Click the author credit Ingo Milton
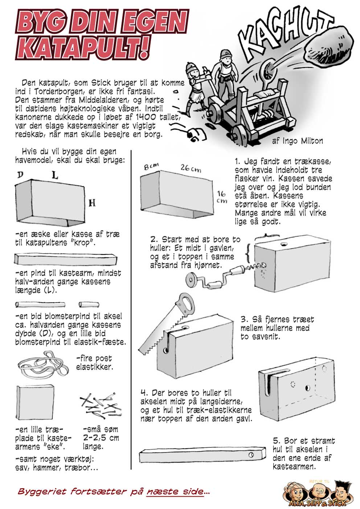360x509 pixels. coord(297,141)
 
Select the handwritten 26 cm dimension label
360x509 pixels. coord(191,168)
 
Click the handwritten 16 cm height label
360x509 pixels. coord(221,197)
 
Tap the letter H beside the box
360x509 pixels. coord(92,203)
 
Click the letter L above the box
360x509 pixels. coord(54,176)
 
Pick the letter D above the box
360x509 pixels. coord(20,175)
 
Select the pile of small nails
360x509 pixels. coord(99,403)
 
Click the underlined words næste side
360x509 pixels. coord(175,492)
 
